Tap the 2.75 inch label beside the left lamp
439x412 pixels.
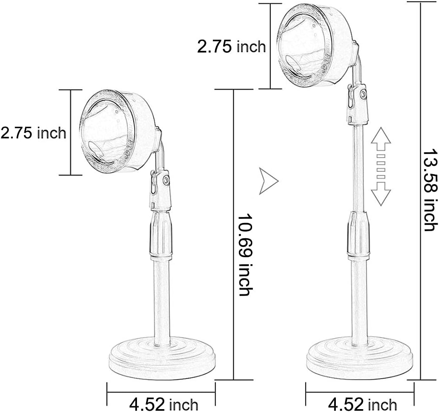point(33,133)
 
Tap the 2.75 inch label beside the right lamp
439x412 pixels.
point(231,47)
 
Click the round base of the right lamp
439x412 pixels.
point(359,354)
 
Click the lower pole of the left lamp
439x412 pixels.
point(161,301)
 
